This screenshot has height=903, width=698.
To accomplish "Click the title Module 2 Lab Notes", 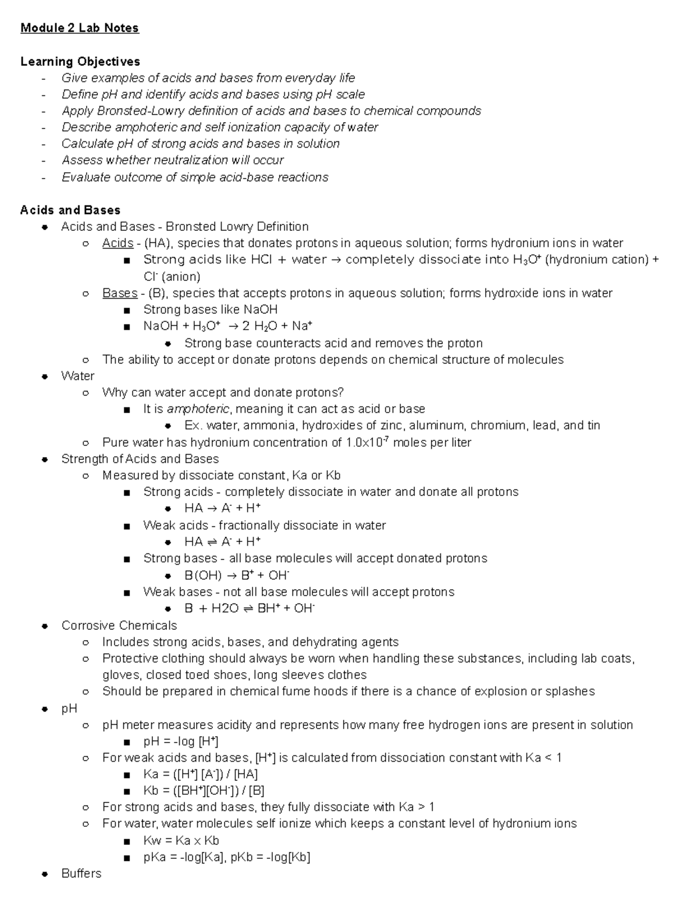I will pyautogui.click(x=80, y=28).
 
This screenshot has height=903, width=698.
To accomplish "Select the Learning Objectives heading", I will pyautogui.click(x=80, y=61).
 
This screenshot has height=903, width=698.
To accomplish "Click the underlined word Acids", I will pyautogui.click(x=117, y=243).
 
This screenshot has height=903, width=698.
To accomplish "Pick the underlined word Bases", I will pyautogui.click(x=119, y=293).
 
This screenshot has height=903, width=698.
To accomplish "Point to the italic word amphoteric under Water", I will pyautogui.click(x=198, y=409).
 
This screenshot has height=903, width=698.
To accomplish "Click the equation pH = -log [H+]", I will pyautogui.click(x=181, y=741).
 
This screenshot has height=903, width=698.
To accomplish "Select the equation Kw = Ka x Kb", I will pyautogui.click(x=181, y=840).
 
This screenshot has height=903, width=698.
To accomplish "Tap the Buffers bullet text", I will pyautogui.click(x=81, y=873).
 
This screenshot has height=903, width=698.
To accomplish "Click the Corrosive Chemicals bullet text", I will pyautogui.click(x=119, y=626).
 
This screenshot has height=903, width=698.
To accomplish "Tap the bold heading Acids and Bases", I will pyautogui.click(x=70, y=210).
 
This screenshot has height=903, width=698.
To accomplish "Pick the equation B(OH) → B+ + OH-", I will pyautogui.click(x=237, y=576).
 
